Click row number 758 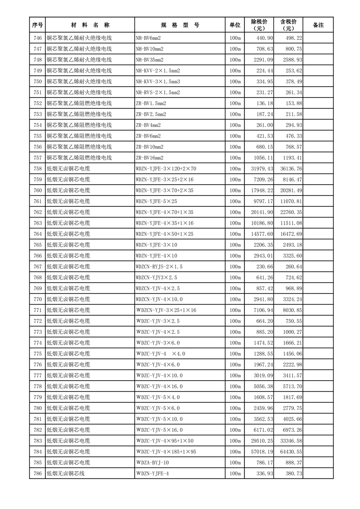38,169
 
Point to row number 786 38,474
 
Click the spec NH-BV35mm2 150,60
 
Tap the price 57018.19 261,452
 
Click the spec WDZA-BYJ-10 152,463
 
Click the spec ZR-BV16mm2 150,158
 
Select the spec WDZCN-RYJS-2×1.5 159,267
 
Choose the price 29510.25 261,441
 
